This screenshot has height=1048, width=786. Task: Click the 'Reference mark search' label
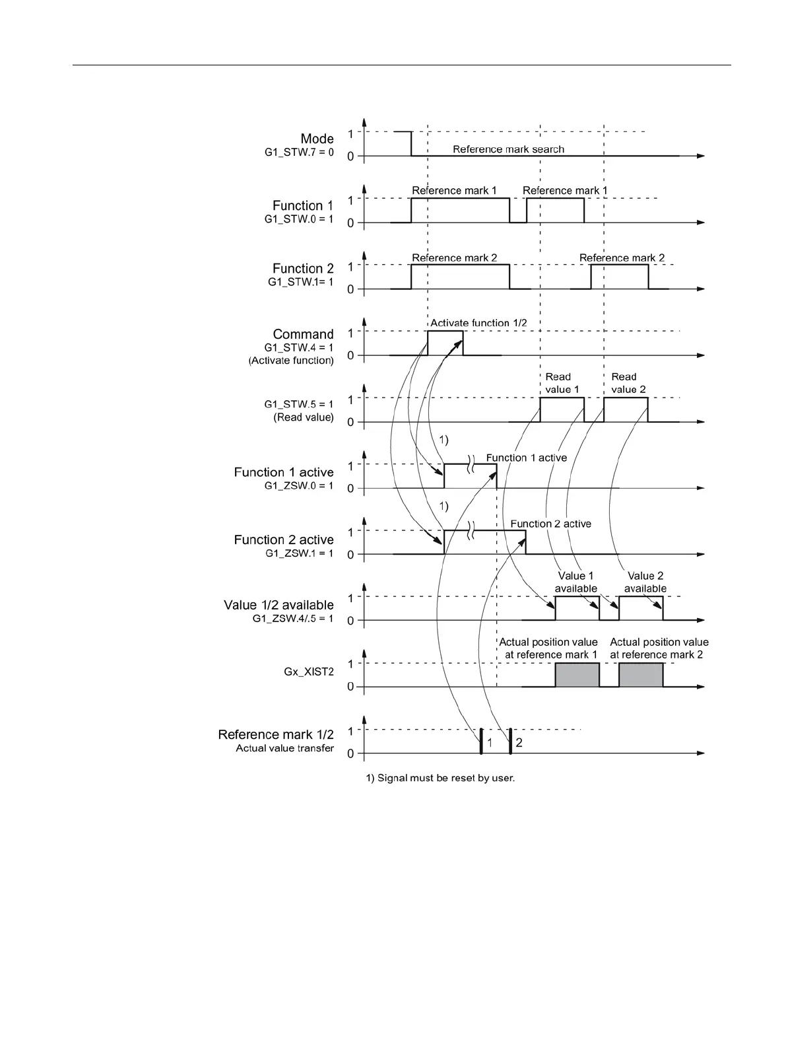(x=508, y=149)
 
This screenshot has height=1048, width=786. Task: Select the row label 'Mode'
(x=317, y=139)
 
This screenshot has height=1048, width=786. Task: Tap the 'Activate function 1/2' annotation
(x=478, y=323)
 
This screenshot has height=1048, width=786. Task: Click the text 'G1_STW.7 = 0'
(x=299, y=153)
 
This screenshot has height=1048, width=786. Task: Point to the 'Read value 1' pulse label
(x=562, y=383)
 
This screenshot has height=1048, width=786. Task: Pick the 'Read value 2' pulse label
(x=628, y=383)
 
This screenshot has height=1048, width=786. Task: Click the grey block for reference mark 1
(x=577, y=675)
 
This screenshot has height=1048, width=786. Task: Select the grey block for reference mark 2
(x=641, y=675)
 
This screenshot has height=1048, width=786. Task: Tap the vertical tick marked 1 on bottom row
(x=482, y=742)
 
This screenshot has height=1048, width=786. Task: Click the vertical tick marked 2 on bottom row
(x=510, y=742)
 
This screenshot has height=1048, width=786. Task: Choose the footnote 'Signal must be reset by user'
(x=440, y=778)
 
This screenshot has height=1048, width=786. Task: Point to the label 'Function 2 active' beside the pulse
(x=550, y=524)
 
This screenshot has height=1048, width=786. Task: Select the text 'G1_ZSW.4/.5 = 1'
(x=293, y=619)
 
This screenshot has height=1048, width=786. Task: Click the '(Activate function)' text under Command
(x=291, y=361)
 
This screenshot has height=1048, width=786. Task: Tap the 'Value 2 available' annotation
(x=645, y=582)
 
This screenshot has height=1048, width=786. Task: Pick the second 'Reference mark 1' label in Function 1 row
(x=565, y=191)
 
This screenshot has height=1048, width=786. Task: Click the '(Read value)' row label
(x=304, y=417)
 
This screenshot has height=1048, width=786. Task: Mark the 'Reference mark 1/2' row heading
(x=276, y=734)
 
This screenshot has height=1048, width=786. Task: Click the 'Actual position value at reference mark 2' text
(x=659, y=648)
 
